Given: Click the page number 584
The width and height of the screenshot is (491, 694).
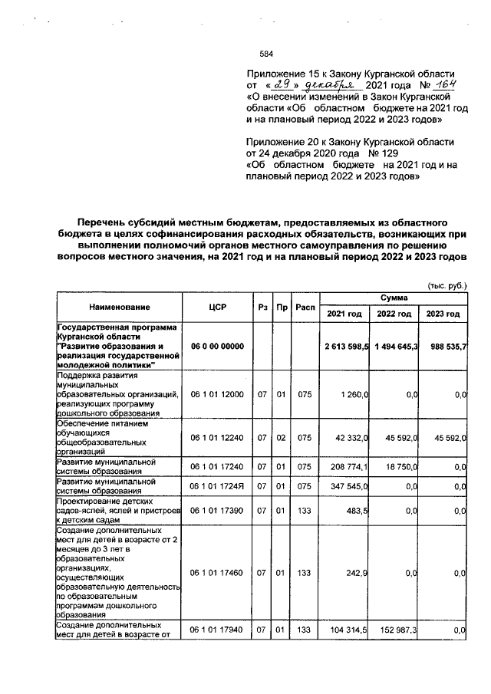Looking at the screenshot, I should pos(266,54).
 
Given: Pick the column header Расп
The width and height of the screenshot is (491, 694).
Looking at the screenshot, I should pos(305,308).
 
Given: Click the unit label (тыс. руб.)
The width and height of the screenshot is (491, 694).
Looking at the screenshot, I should pos(447,285).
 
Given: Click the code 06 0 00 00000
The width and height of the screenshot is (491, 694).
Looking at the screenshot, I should pos(217,347).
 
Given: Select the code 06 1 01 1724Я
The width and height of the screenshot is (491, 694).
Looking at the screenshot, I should pos(217,486).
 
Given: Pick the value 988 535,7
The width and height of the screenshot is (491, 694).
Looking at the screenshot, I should pos(444,347).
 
